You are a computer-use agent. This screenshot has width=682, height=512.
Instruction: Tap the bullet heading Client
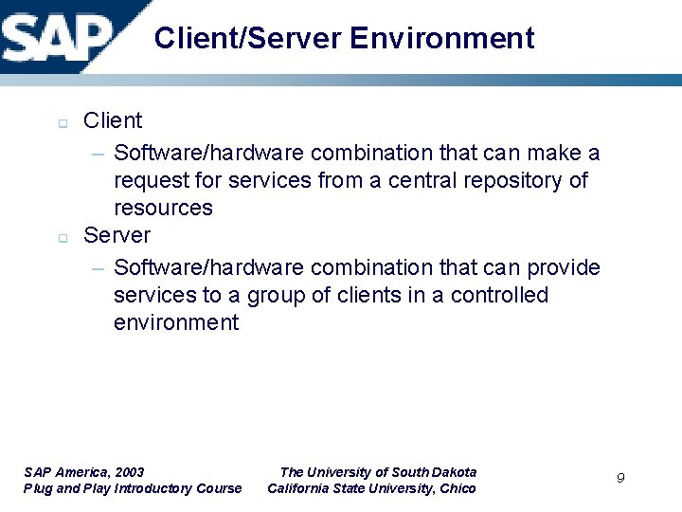[x=113, y=121]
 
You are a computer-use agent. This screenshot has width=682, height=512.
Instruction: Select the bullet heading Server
[x=117, y=235]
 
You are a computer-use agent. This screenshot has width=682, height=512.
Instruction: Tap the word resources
[x=163, y=208]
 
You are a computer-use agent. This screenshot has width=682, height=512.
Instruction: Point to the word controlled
[x=499, y=296]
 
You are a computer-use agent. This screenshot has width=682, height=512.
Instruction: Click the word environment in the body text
[x=176, y=323]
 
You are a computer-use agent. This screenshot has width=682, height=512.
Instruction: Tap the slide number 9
[x=620, y=478]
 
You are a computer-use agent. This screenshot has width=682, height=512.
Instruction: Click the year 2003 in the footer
[x=128, y=472]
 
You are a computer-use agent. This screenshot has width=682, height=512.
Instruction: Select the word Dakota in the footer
[x=453, y=472]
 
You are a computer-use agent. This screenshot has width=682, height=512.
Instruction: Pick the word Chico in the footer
[x=457, y=489]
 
